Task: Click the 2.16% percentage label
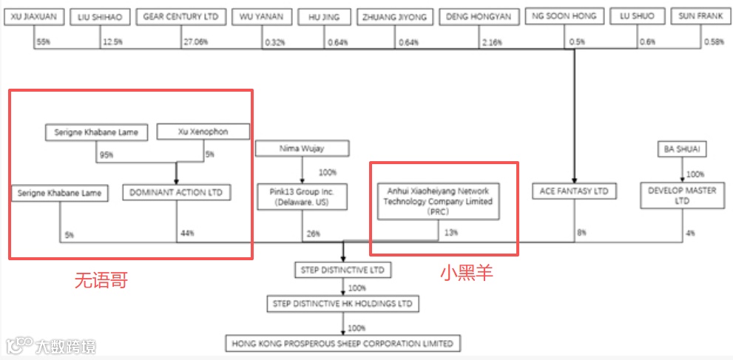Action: point(491,42)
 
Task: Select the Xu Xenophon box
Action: point(203,132)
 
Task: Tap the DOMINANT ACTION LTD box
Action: point(176,193)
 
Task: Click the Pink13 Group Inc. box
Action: point(301,197)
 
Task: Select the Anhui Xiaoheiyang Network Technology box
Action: point(439,201)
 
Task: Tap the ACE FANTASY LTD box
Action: point(574,191)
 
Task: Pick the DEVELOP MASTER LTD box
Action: point(681,196)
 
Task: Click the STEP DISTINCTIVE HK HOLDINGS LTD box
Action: point(342,304)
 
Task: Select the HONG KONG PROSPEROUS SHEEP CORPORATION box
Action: point(342,344)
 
